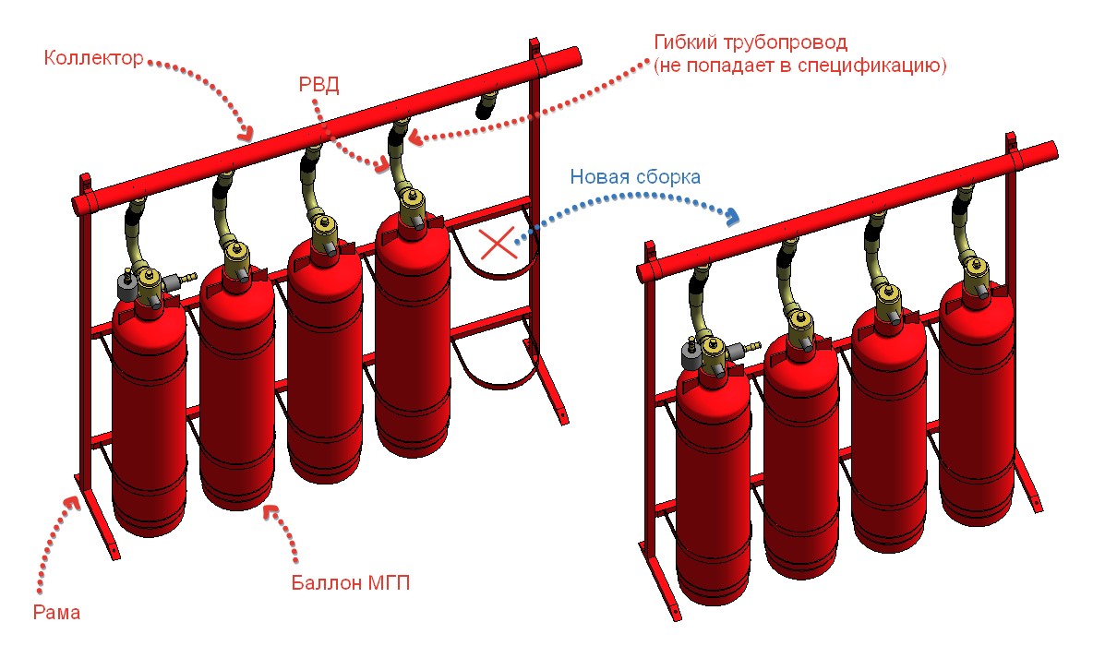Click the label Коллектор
93,59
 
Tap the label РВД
319,86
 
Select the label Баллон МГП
350,582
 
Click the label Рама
56,612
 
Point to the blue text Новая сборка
634,177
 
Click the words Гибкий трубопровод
749,43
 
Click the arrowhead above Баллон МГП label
269,509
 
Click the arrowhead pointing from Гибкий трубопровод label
414,138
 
